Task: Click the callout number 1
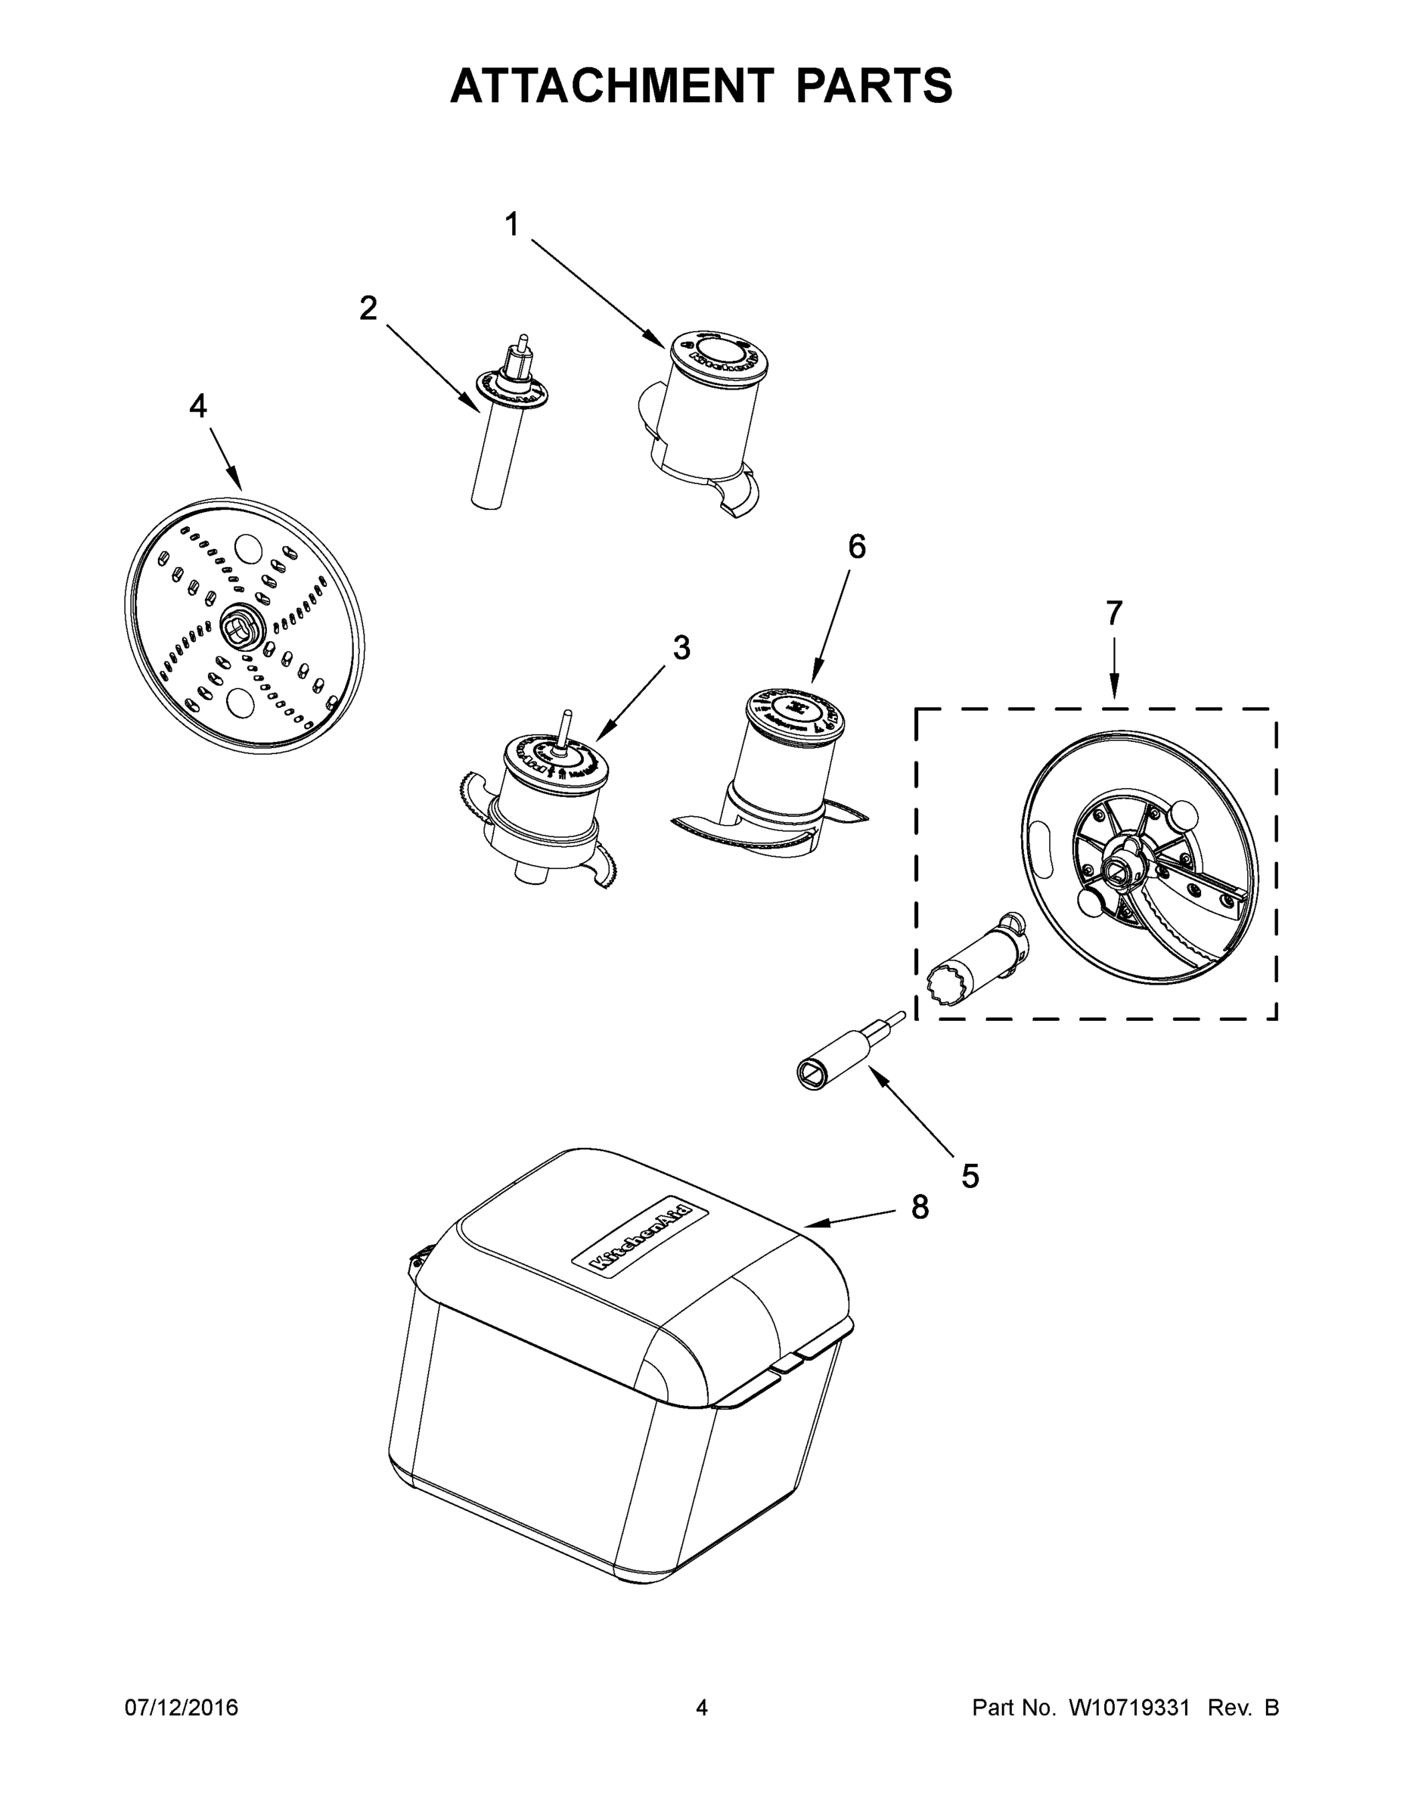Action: [512, 225]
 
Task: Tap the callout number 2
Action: [368, 309]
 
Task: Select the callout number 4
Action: [198, 406]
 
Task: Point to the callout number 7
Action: [1114, 613]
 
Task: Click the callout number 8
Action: [919, 1208]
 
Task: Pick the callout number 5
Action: [970, 1176]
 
